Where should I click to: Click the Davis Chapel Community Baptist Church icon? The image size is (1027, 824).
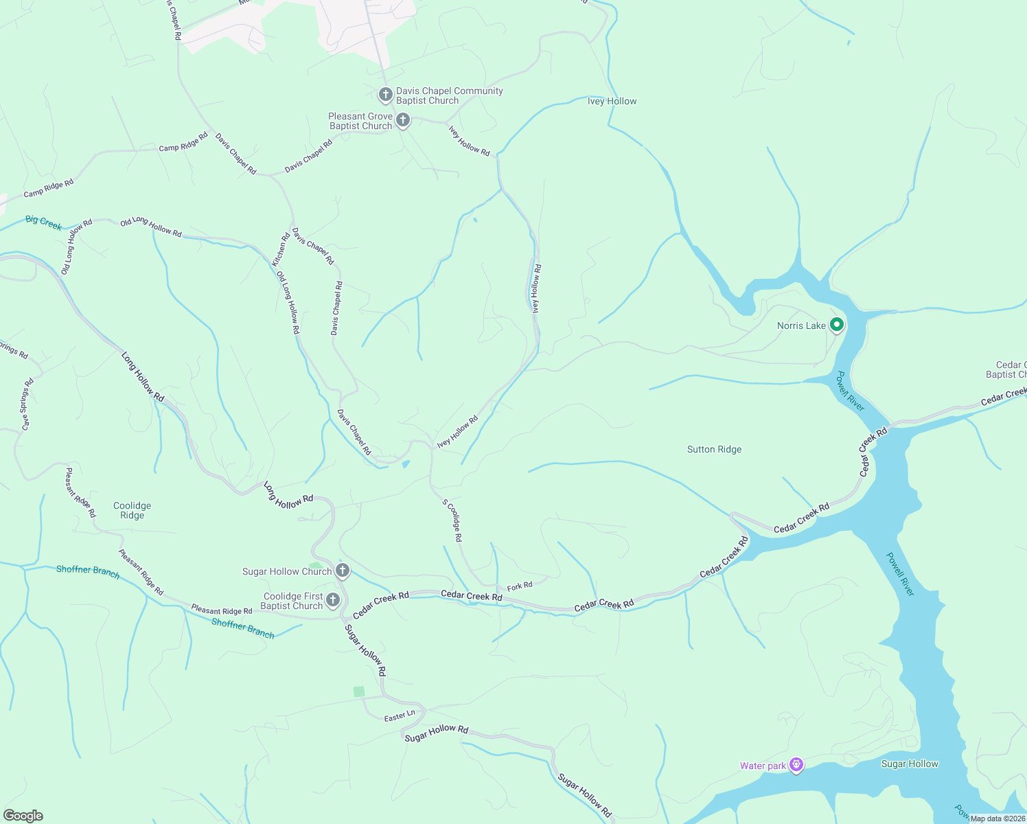coord(385,94)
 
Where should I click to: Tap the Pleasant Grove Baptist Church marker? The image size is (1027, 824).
coord(403,120)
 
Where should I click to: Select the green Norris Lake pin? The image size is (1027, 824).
coord(836,324)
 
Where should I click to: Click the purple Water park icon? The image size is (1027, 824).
coord(796,764)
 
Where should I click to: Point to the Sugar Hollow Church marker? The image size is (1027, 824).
coord(343,571)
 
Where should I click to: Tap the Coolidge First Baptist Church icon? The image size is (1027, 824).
coord(332,600)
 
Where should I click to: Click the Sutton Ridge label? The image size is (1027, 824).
coord(714,449)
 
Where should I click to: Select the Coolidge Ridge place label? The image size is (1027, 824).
coord(132,510)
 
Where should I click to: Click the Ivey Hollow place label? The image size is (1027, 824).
coord(612,101)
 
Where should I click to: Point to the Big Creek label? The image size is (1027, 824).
coord(43,222)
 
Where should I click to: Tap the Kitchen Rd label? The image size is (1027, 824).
coord(281,249)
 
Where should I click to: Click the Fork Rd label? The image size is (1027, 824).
coord(520,586)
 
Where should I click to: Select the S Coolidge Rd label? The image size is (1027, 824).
coord(452,520)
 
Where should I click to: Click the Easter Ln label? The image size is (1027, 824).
coord(400,716)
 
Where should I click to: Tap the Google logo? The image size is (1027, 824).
coord(23,816)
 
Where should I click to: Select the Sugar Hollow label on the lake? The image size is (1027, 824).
coord(910,764)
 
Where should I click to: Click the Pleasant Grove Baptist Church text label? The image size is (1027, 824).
coord(360,121)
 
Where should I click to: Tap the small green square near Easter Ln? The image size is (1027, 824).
coord(359,691)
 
